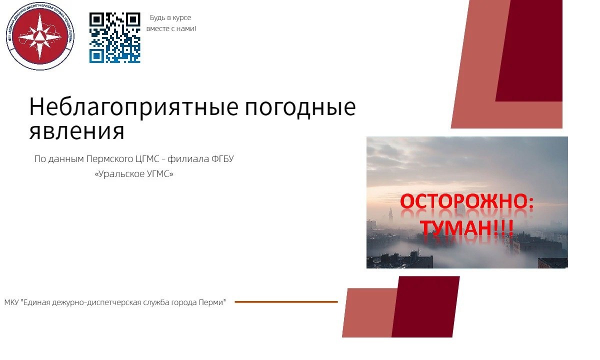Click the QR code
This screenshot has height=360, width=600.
tap(115, 38)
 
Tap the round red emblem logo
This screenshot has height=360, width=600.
tap(40, 36)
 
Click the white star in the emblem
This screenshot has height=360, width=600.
tap(40, 36)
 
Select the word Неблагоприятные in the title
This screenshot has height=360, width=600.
tap(134, 107)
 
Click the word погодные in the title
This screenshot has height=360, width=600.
tap(300, 107)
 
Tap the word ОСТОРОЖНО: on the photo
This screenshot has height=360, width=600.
tap(466, 201)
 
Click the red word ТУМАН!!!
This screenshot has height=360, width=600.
tap(466, 227)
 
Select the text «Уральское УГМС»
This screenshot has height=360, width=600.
tap(134, 174)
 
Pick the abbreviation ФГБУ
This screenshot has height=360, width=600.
tap(222, 159)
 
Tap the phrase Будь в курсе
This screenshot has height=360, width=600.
tap(170, 17)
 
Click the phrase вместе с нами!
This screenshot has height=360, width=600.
tap(171, 28)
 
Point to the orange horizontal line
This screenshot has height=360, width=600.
tap(286, 302)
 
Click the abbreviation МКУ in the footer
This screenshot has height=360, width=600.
tap(11, 302)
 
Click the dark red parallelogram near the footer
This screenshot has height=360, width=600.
tap(425, 306)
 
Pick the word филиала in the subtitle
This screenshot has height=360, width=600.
tap(188, 159)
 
